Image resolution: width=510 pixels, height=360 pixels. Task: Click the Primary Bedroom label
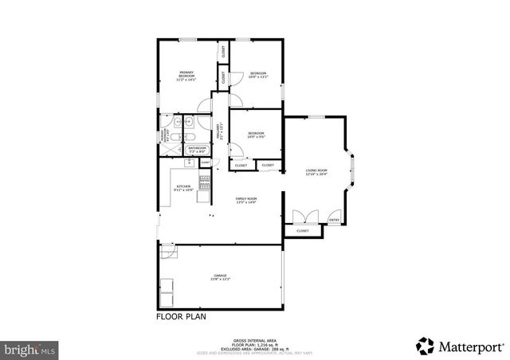click(186, 76)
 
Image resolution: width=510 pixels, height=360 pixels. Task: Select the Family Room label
click(245, 200)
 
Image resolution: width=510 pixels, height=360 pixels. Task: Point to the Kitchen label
click(184, 189)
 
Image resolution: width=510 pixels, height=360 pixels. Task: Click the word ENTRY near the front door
click(335, 220)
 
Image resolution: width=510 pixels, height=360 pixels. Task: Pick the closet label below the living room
click(303, 231)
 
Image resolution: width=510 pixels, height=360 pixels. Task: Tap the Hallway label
click(220, 131)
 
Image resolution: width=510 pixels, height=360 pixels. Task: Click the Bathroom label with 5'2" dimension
click(197, 149)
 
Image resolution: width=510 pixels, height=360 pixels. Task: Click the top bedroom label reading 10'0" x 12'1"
click(258, 76)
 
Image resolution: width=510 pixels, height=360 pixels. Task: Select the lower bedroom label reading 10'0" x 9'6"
click(256, 135)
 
